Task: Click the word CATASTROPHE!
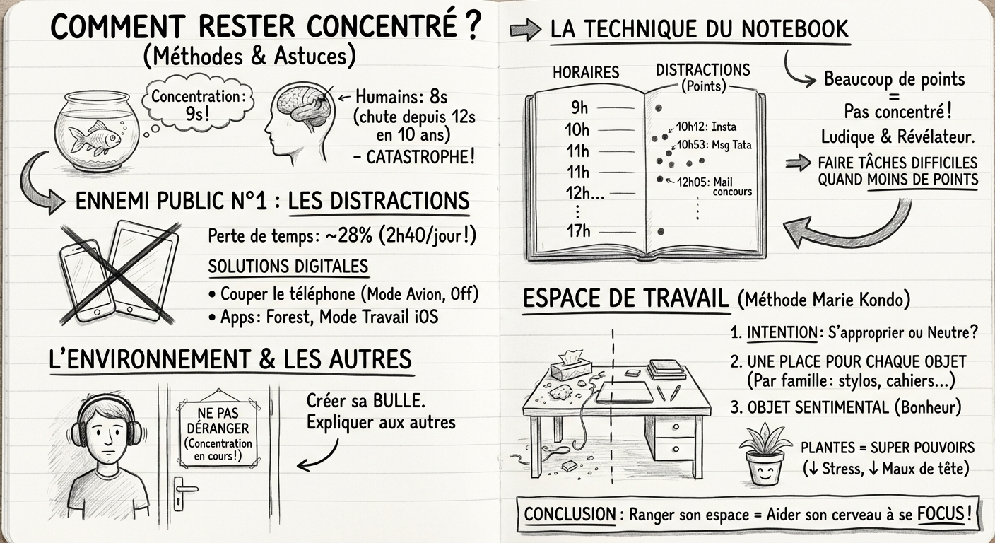[x=420, y=156]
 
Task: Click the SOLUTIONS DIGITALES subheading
[x=288, y=267]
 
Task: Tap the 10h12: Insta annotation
[x=705, y=127]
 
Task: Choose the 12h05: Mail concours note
[x=714, y=187]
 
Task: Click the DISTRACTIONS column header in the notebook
[x=702, y=71]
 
